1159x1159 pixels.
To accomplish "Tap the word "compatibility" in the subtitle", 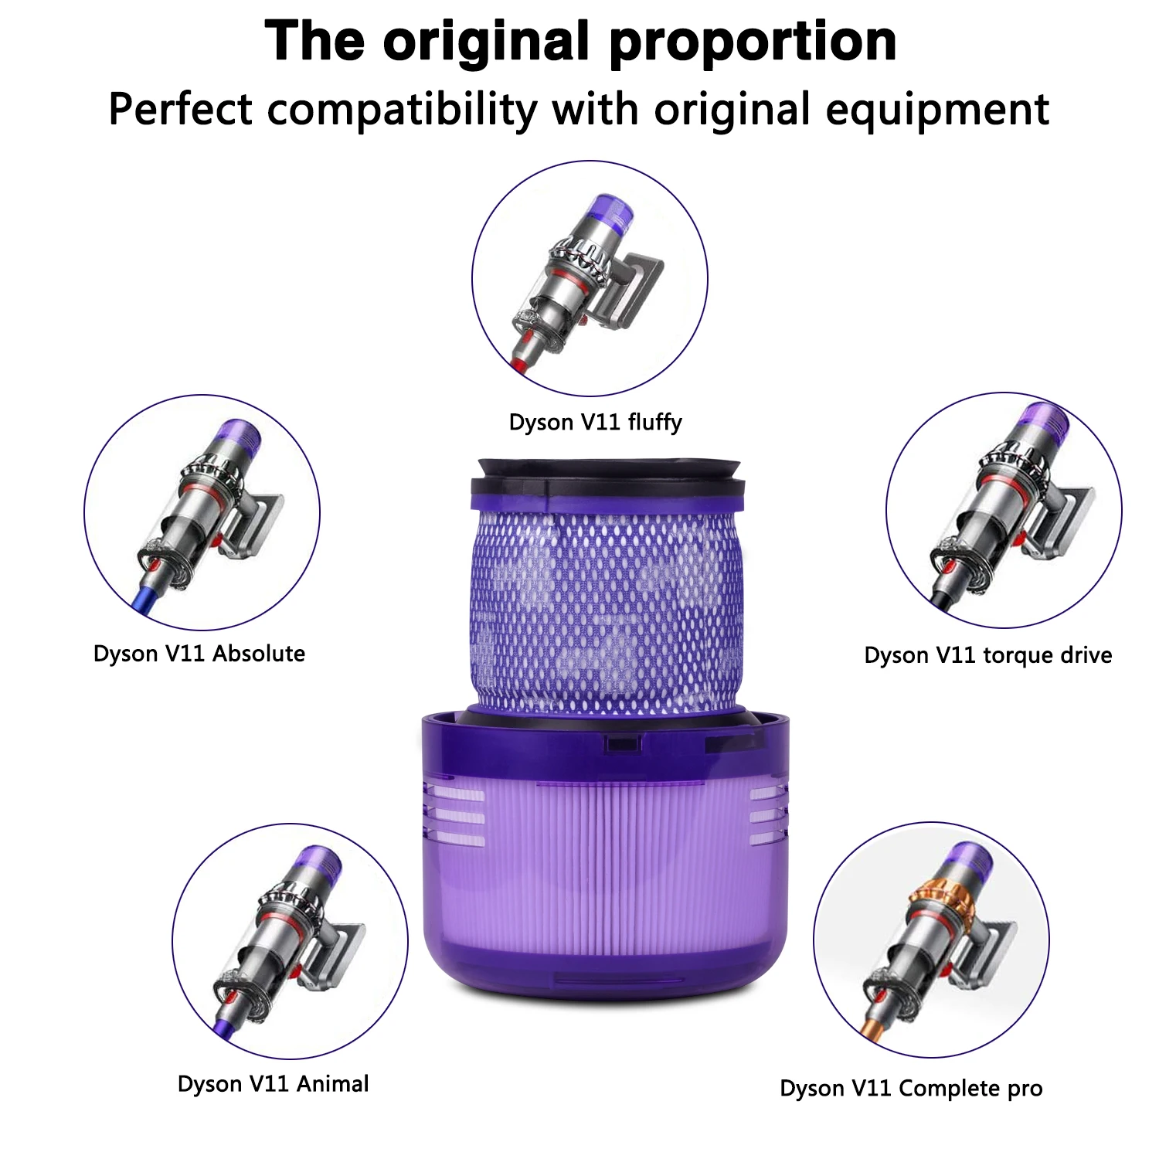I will [x=402, y=109].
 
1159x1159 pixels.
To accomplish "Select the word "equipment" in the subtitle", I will [x=937, y=109].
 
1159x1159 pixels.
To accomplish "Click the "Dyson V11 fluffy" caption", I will [x=595, y=422].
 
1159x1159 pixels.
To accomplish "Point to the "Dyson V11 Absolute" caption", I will [x=199, y=654].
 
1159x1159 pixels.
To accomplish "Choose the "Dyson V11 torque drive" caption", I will [x=987, y=655].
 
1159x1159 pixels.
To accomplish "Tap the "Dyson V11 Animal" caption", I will [x=273, y=1083].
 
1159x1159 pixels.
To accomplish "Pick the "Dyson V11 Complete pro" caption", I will [x=911, y=1088].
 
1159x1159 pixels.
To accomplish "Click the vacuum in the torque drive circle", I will [x=1004, y=510].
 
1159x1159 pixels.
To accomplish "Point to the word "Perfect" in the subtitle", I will [x=180, y=109].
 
